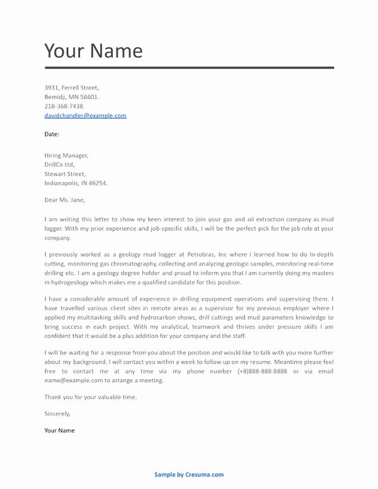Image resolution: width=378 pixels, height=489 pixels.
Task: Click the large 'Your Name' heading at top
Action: click(93, 50)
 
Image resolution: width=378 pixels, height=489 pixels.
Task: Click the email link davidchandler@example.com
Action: click(86, 116)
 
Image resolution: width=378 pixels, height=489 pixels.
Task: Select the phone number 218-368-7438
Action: click(64, 106)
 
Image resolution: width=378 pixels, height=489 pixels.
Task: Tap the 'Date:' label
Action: click(52, 134)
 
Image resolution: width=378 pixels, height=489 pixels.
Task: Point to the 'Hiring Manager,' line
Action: click(67, 155)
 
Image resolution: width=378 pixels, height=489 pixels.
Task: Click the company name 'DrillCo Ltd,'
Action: click(60, 164)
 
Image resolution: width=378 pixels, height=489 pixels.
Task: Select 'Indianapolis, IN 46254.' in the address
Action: click(76, 183)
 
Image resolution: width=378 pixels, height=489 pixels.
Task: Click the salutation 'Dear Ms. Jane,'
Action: click(66, 202)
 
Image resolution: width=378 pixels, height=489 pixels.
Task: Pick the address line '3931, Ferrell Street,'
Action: click(72, 88)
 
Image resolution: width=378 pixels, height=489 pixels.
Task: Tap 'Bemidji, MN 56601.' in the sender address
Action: click(72, 97)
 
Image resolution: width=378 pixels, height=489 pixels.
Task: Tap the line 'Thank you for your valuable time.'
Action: click(91, 398)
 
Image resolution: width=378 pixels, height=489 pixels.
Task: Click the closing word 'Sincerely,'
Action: click(58, 414)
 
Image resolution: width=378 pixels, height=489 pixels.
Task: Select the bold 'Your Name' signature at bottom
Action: click(60, 430)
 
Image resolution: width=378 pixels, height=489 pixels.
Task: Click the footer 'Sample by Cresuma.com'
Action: click(189, 475)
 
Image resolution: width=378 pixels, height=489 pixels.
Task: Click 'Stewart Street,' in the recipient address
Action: click(66, 174)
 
